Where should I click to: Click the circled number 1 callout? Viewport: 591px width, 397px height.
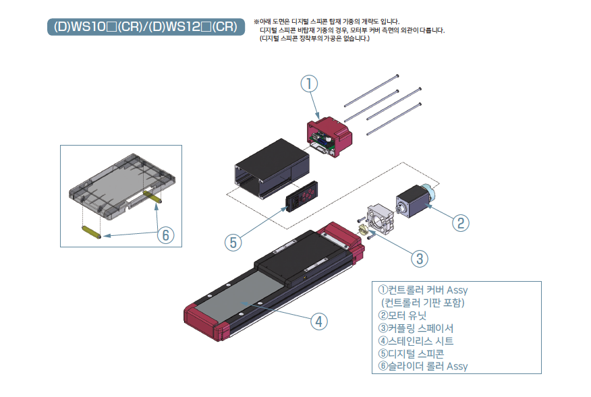[x=308, y=84]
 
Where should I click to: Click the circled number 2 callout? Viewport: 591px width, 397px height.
[x=460, y=222]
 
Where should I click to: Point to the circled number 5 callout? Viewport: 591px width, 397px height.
[x=233, y=241]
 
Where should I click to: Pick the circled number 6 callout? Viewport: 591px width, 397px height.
[x=165, y=235]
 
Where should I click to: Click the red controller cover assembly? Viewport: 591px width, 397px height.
[x=330, y=138]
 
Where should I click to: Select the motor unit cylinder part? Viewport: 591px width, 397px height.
[x=412, y=200]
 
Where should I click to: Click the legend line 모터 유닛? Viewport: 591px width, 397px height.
[x=403, y=315]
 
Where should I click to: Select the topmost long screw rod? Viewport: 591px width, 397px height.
[x=370, y=90]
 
